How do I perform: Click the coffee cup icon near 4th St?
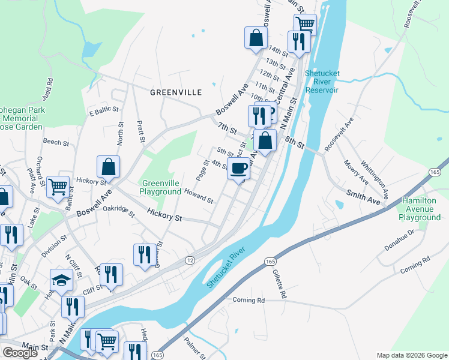[239, 168]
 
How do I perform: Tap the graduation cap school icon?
[61, 280]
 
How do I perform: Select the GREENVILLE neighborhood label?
[175, 92]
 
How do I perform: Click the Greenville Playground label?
[161, 187]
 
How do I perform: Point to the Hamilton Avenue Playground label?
[421, 209]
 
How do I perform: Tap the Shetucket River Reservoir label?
[322, 82]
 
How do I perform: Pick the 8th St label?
[295, 143]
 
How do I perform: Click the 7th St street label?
[228, 128]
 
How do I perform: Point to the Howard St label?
[199, 196]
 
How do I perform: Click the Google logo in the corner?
[20, 353]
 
